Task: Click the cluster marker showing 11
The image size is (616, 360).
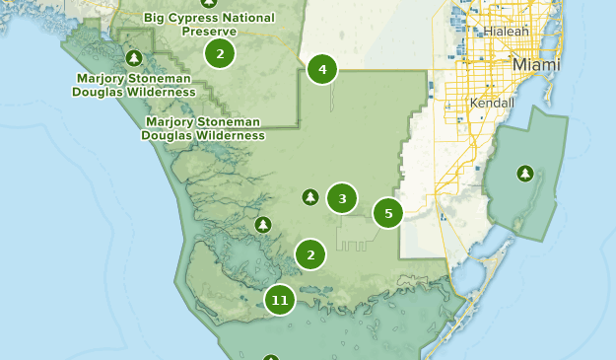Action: click(x=280, y=300)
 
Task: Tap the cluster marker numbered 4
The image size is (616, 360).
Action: click(x=322, y=70)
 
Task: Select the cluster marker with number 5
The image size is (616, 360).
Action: click(x=388, y=213)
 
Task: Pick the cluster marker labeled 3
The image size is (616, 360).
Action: click(x=342, y=199)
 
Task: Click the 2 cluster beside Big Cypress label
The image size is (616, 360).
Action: click(x=220, y=53)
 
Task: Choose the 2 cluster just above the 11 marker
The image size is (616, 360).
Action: click(x=310, y=255)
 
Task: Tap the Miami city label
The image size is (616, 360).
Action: click(x=535, y=65)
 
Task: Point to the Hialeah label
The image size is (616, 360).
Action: click(x=506, y=32)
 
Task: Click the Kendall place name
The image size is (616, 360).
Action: click(x=493, y=103)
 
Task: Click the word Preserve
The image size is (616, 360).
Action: click(x=209, y=31)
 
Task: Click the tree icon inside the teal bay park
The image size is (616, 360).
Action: click(x=525, y=175)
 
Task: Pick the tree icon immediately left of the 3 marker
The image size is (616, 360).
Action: click(x=310, y=198)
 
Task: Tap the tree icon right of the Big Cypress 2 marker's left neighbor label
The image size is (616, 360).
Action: click(x=135, y=58)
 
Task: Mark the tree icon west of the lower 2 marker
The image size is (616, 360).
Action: click(x=263, y=225)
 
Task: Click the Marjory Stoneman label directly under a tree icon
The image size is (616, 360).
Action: click(x=134, y=85)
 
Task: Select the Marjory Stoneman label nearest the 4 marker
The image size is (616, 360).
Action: click(x=203, y=128)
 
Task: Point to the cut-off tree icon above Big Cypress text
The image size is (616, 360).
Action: click(x=208, y=3)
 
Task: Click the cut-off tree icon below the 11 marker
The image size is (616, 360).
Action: click(x=271, y=356)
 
